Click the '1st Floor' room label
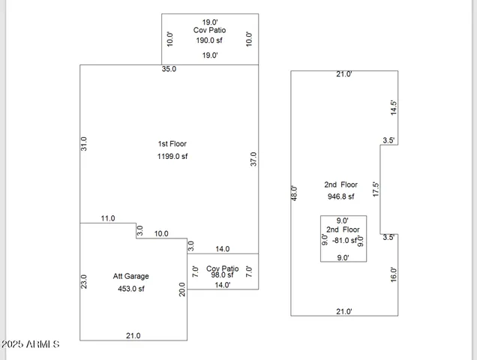(x=172, y=143)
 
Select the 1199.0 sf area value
(x=172, y=157)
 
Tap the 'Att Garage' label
(x=130, y=276)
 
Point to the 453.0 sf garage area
(x=130, y=289)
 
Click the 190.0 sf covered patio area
(x=210, y=40)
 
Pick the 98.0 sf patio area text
(x=223, y=275)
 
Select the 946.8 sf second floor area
(x=340, y=196)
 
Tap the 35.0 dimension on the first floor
(x=169, y=70)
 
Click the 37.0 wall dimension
(x=253, y=159)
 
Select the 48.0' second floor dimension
(x=295, y=193)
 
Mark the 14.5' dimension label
(x=393, y=107)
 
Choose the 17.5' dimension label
(x=376, y=189)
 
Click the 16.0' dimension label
(x=393, y=274)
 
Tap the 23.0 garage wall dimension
(x=84, y=281)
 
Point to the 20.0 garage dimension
(x=182, y=289)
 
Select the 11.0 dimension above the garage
(x=108, y=218)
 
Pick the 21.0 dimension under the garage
(x=133, y=336)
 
